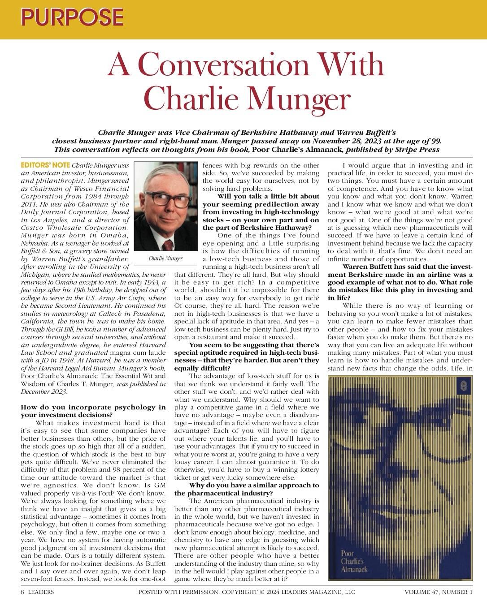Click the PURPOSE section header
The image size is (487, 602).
pos(72,17)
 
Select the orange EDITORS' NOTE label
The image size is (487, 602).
pos(46,165)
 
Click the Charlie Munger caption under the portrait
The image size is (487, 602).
pos(165,258)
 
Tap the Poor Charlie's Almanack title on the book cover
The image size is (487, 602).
pos(354,561)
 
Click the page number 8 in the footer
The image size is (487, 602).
pos(23,592)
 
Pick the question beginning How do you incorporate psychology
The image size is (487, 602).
pos(93,411)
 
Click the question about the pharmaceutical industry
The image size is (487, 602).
pos(247,489)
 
